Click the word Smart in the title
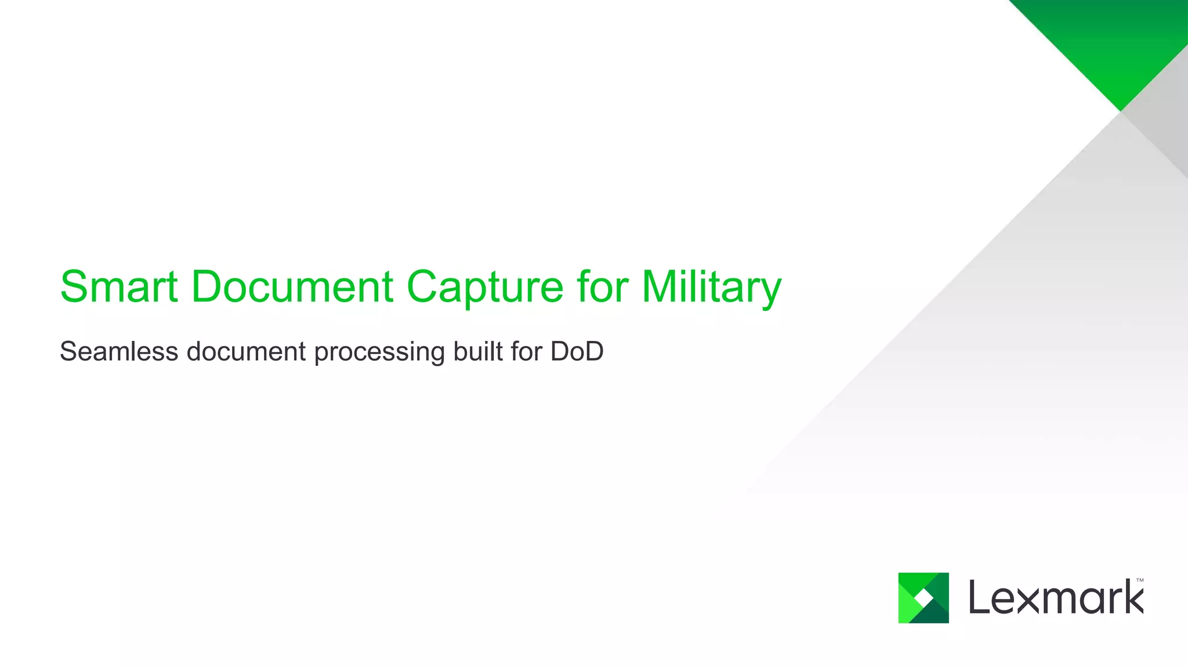point(119,286)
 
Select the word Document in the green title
point(292,286)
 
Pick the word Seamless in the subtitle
point(119,351)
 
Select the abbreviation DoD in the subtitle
point(577,351)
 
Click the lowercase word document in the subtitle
point(246,351)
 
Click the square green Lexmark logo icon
point(923,598)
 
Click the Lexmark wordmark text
point(1056,598)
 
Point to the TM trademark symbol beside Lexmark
point(1140,580)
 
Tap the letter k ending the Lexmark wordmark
point(1132,597)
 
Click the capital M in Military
point(661,286)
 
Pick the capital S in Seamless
point(68,351)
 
